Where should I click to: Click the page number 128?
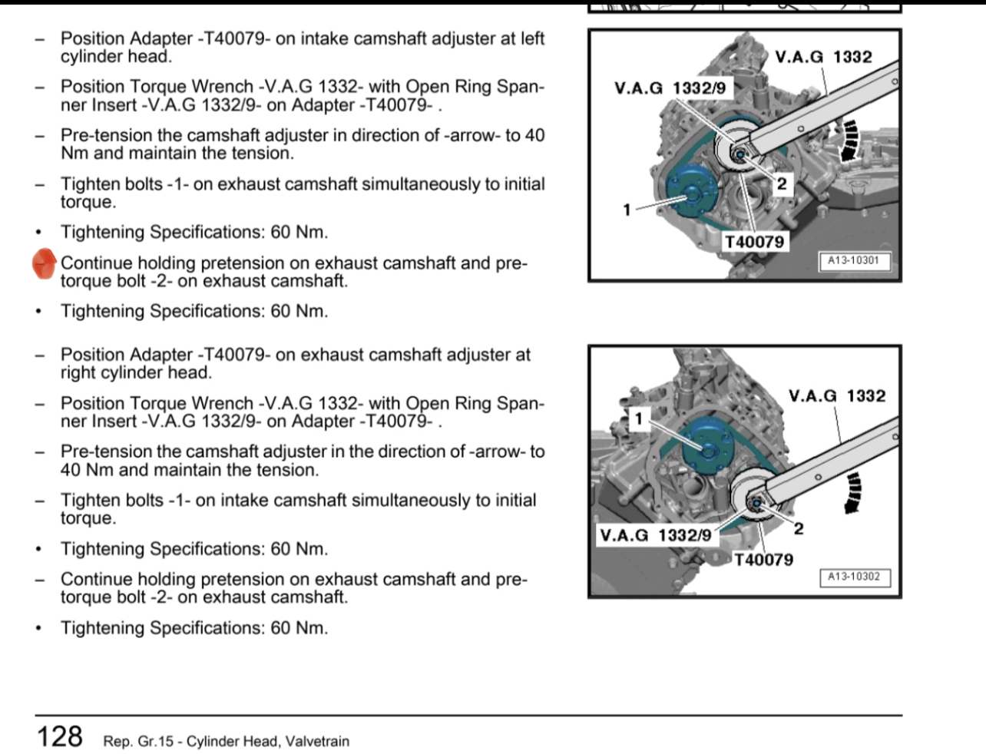click(x=60, y=736)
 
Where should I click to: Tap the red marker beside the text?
click(x=45, y=263)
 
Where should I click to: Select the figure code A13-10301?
click(x=852, y=261)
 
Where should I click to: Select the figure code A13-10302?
click(x=853, y=577)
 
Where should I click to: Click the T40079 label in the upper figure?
click(x=755, y=243)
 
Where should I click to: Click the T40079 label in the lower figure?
click(x=763, y=560)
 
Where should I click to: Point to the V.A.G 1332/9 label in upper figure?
click(x=670, y=88)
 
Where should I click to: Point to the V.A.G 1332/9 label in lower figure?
click(x=656, y=535)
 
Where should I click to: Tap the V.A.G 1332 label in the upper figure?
click(x=823, y=57)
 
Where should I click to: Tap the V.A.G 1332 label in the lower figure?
click(x=837, y=396)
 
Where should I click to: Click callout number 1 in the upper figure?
click(x=627, y=209)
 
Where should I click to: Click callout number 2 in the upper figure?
click(x=781, y=183)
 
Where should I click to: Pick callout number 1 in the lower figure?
click(x=639, y=418)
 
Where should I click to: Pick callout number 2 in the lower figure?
click(x=799, y=528)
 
